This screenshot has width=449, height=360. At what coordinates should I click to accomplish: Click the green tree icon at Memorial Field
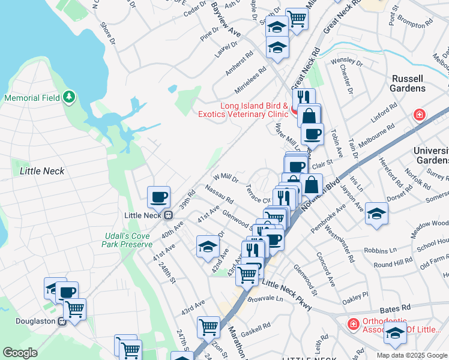70,97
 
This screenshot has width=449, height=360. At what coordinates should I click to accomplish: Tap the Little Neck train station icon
169,215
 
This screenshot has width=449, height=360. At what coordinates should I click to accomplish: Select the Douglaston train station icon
62,321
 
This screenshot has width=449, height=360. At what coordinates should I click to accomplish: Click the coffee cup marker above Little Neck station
159,197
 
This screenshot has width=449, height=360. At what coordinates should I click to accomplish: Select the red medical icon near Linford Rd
419,115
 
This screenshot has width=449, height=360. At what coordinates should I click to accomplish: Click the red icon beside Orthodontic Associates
354,324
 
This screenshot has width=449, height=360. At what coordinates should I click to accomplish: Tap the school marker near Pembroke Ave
376,214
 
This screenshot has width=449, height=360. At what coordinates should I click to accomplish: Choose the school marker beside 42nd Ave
208,247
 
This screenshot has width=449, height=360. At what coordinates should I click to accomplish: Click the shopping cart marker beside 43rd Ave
208,327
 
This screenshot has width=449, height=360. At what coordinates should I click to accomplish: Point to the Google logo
20,353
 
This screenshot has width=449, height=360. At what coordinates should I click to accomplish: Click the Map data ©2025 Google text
412,355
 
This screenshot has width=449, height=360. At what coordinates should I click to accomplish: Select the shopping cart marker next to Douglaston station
75,310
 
